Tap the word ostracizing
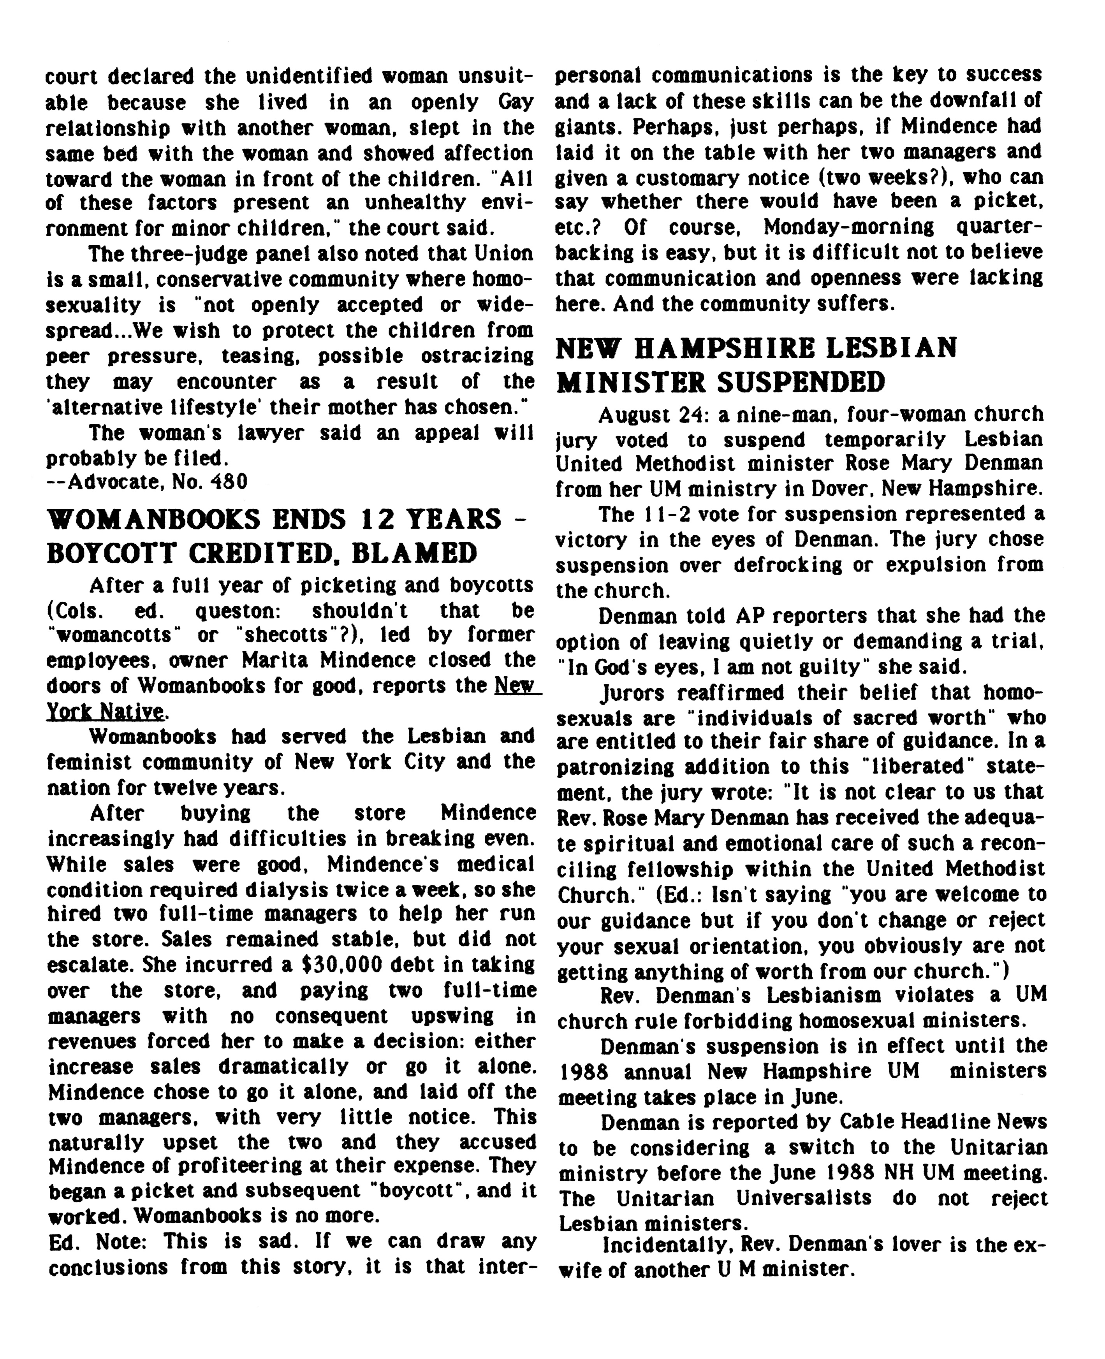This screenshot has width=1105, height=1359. pos(477,356)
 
